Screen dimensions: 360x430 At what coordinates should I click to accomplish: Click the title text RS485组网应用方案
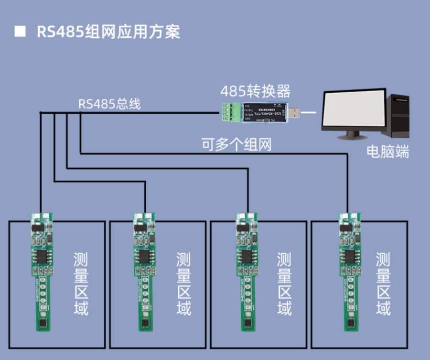pos(108,32)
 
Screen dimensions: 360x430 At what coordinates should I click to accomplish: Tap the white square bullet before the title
pos(20,32)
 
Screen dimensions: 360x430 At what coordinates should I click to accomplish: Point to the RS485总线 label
pos(109,104)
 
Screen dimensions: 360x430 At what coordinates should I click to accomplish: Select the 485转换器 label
pos(255,91)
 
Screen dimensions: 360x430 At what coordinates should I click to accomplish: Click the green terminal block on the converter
pos(230,112)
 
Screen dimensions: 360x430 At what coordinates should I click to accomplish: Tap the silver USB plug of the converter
pos(295,113)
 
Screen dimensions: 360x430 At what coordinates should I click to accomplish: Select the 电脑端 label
pos(387,152)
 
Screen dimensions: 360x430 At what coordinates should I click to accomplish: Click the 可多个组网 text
pos(236,144)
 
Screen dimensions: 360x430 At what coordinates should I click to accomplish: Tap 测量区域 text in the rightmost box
pos(383,284)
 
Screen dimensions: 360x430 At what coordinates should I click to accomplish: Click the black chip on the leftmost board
pos(41,256)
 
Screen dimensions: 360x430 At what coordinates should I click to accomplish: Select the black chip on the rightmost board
pos(348,256)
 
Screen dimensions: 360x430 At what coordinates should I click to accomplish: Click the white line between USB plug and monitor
pos(310,113)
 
